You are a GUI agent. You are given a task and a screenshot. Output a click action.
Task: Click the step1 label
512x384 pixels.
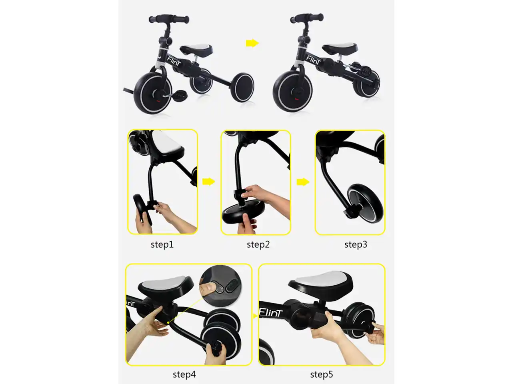162,244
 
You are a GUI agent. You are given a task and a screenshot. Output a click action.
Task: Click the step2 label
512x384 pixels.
258,244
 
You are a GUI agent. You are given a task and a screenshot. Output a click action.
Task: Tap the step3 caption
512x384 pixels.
356,244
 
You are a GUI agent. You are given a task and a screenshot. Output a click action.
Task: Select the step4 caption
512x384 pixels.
184,374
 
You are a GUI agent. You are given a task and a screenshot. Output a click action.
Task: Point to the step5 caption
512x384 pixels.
322,374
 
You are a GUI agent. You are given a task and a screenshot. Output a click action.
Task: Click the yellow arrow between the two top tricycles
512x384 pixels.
252,43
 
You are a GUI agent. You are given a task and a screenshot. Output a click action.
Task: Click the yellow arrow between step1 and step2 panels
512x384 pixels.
209,181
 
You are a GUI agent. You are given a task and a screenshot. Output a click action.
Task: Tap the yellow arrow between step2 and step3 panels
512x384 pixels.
303,182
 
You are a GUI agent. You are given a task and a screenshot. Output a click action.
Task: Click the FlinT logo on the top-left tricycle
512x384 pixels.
174,61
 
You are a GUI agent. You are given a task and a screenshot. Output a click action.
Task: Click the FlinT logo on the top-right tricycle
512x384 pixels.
313,60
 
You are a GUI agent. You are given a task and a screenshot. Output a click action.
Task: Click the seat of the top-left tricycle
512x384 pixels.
196,49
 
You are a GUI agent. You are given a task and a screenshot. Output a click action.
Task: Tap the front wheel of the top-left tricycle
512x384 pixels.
153,93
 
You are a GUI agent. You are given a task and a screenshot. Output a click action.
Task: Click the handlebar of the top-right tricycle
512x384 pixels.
307,18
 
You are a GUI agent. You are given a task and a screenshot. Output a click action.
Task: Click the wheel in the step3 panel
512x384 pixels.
365,204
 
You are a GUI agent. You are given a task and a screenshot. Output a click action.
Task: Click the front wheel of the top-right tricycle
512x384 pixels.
293,91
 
